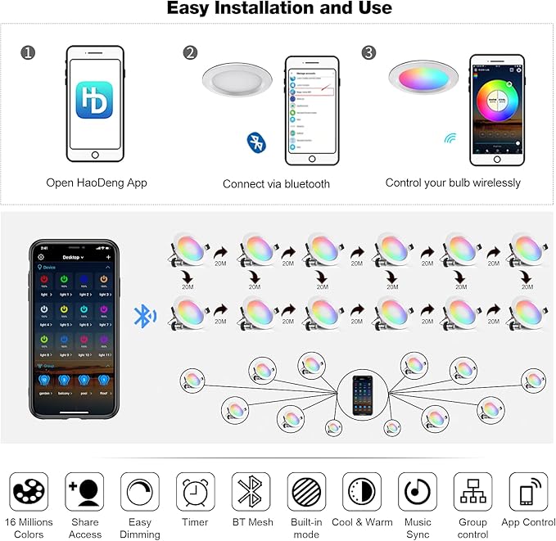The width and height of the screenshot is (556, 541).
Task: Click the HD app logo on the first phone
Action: click(x=95, y=101)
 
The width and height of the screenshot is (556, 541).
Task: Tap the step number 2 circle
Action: click(x=191, y=53)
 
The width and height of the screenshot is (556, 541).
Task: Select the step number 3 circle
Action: click(x=368, y=53)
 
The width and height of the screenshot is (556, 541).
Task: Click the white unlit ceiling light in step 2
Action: click(x=237, y=86)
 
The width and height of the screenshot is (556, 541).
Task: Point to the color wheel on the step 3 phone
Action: click(x=496, y=101)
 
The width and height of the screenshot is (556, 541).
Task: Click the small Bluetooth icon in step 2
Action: click(x=256, y=142)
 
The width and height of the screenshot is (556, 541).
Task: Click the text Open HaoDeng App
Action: click(x=97, y=183)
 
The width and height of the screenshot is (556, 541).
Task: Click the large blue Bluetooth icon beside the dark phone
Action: click(x=145, y=316)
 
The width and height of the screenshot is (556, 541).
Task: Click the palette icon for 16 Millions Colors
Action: click(x=29, y=492)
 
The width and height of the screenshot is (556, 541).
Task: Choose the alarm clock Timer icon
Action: click(x=196, y=492)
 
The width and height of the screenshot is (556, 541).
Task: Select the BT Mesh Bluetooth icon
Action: click(x=251, y=492)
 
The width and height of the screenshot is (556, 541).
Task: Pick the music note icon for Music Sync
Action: click(x=418, y=492)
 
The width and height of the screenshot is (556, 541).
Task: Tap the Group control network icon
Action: click(x=472, y=492)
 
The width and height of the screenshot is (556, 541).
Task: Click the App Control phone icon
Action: click(x=528, y=492)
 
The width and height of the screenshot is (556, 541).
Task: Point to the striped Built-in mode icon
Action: click(x=306, y=492)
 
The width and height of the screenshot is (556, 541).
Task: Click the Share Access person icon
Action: click(x=84, y=492)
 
